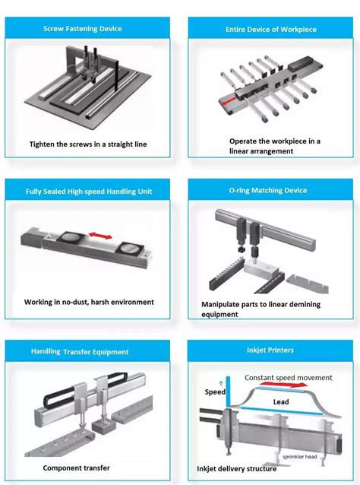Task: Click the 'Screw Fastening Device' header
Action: (88, 29)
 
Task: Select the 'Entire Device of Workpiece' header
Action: (272, 29)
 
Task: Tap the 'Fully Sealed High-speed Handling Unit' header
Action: (88, 191)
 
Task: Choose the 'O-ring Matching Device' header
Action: (272, 191)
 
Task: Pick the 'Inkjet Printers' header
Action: (272, 351)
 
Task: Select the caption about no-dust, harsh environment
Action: (89, 302)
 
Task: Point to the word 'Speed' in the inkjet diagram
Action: (216, 392)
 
